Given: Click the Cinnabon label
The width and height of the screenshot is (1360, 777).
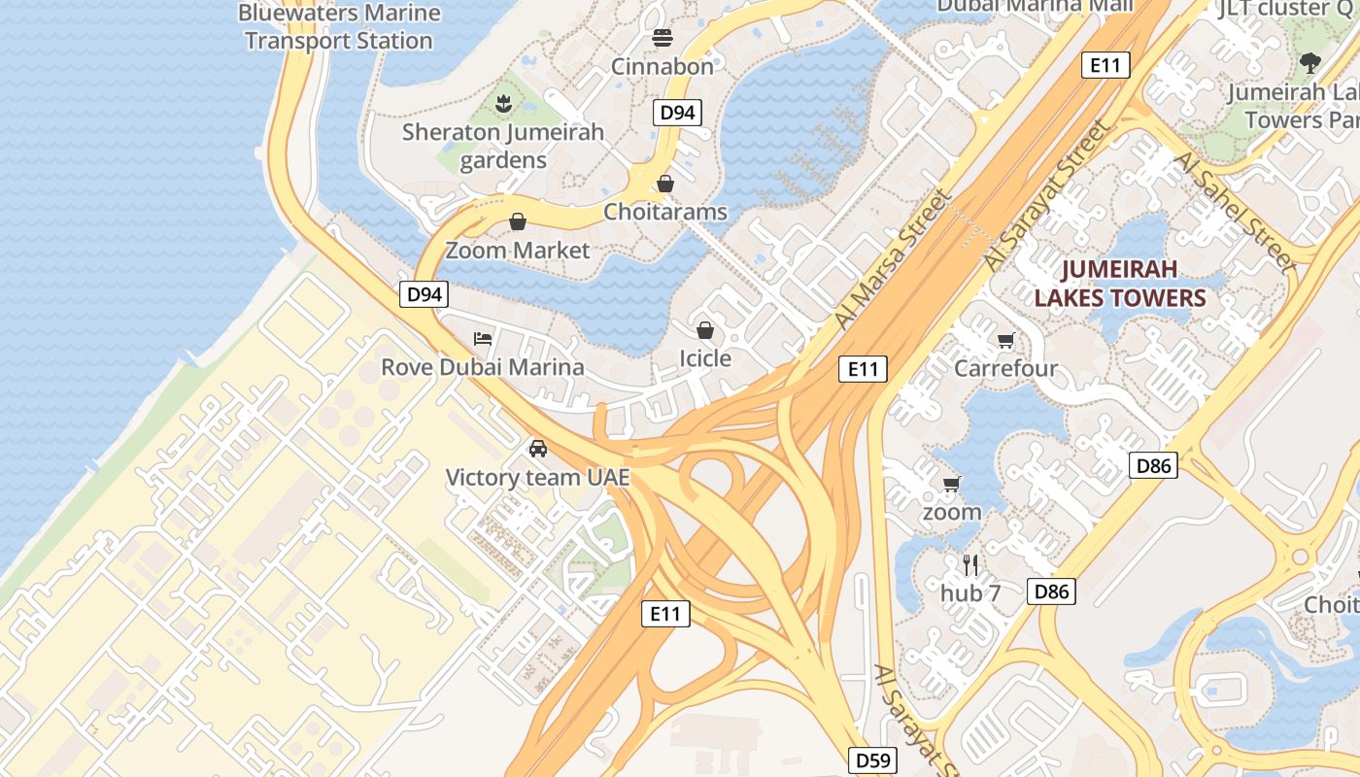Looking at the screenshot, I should (663, 67).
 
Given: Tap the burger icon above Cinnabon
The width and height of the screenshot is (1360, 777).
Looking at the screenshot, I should (663, 38).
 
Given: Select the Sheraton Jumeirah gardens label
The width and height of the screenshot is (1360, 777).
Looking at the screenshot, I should (503, 146).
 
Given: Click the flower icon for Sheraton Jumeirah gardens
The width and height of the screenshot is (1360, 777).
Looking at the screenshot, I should (503, 103).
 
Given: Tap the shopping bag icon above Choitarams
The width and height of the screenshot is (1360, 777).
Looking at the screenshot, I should (665, 183).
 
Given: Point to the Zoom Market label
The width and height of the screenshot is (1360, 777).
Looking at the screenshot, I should (517, 251).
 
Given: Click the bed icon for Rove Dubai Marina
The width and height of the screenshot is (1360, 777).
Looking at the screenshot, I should (483, 339).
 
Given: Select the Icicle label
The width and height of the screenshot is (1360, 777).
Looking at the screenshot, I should (704, 359).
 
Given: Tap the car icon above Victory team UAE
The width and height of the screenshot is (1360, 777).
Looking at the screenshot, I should (537, 449).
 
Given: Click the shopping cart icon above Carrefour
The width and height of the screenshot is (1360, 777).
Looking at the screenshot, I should (1005, 341).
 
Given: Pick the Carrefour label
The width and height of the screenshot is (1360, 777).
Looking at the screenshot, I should (1005, 369).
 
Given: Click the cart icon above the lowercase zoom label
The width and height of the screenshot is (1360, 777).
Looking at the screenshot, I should (951, 484).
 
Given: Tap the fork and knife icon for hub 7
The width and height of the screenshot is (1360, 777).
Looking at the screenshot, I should (969, 564).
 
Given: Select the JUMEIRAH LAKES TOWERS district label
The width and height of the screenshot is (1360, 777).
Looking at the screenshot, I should (1119, 284).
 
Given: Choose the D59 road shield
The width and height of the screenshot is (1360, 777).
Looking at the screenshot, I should (871, 760).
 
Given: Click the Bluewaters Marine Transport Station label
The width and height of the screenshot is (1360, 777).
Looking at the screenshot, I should (338, 27).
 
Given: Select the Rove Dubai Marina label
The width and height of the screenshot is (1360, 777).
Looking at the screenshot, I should (483, 367).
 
